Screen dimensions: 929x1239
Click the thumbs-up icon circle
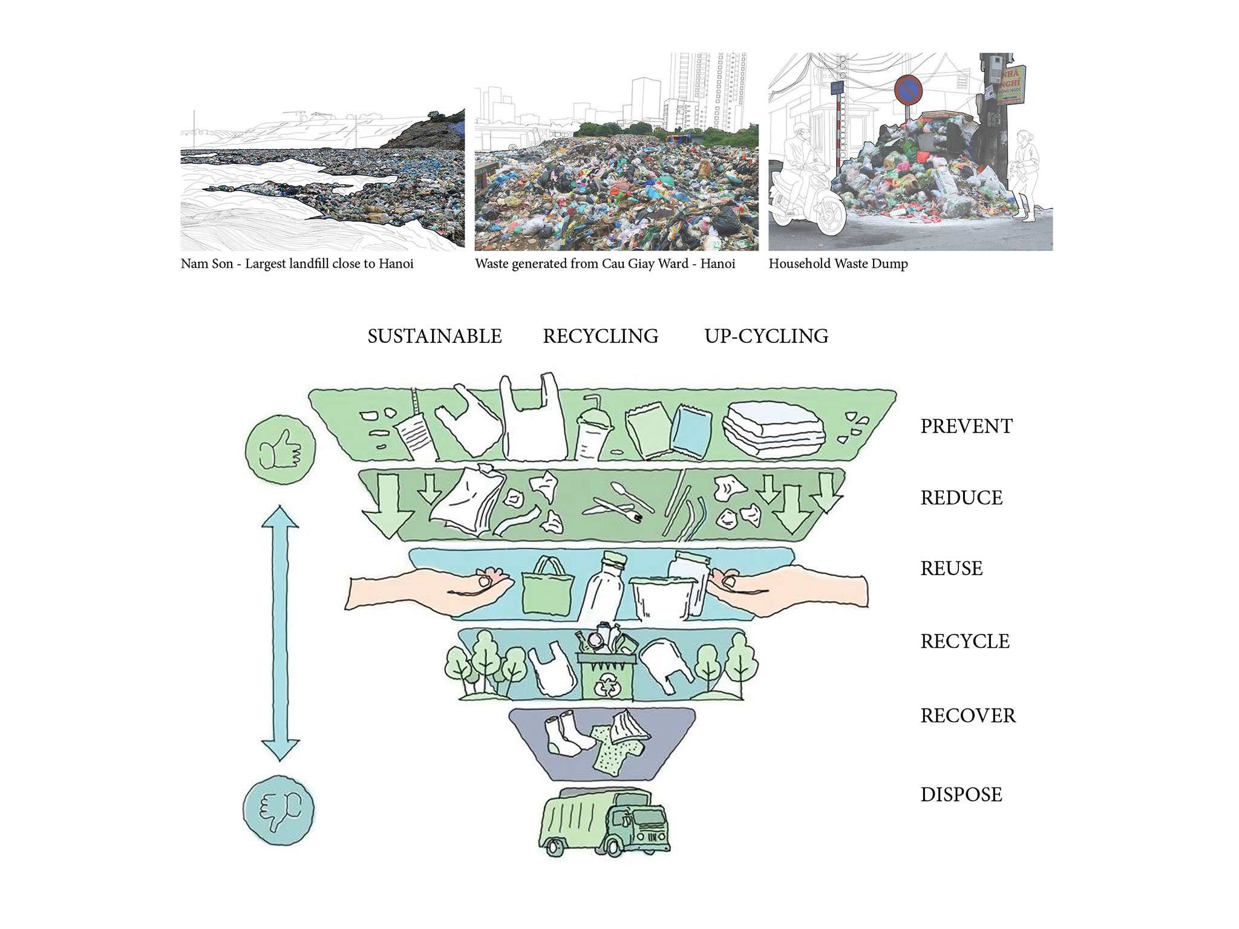(280, 449)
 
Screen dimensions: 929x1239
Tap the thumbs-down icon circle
(280, 810)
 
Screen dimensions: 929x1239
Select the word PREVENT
(966, 426)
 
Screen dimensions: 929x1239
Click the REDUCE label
(961, 498)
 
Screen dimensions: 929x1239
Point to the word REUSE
(951, 569)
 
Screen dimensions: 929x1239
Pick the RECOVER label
(968, 716)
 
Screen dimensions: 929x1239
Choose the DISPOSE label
(961, 795)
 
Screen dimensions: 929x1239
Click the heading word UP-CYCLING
(766, 336)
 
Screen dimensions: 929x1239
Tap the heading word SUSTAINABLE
(434, 336)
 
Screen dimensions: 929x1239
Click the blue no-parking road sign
(908, 90)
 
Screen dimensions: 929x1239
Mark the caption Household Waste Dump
(838, 264)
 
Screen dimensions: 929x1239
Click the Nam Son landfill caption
(297, 264)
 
